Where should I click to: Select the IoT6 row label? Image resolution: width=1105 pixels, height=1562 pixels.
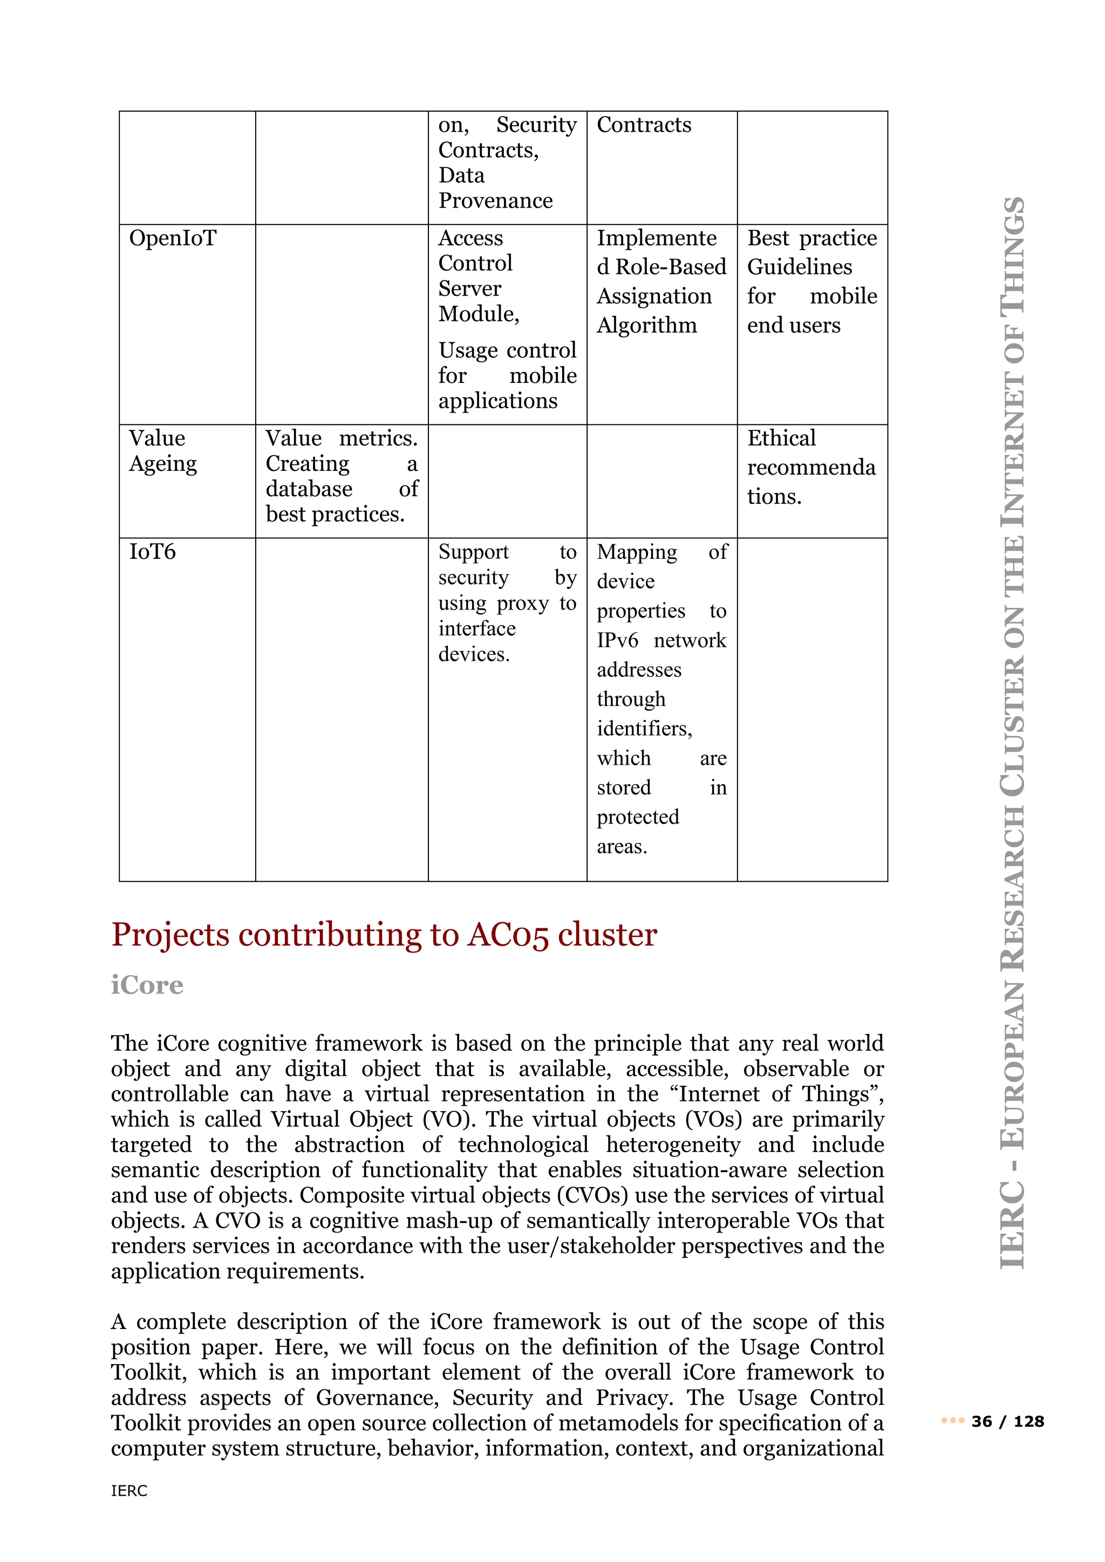[x=152, y=552]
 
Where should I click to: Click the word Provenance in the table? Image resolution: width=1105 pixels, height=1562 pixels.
[x=495, y=201]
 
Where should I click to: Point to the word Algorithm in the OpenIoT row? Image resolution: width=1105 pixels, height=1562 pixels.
[x=646, y=325]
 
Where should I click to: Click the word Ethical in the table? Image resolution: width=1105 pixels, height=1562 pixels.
[x=781, y=438]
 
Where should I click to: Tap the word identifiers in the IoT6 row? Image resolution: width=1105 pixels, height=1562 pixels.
[x=644, y=729]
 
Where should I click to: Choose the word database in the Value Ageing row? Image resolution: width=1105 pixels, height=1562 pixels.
[x=309, y=489]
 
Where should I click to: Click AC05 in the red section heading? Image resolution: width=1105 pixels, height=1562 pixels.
[x=508, y=935]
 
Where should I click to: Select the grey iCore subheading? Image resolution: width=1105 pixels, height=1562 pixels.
[x=147, y=985]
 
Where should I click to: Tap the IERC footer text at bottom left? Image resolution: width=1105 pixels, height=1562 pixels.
[x=129, y=1491]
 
